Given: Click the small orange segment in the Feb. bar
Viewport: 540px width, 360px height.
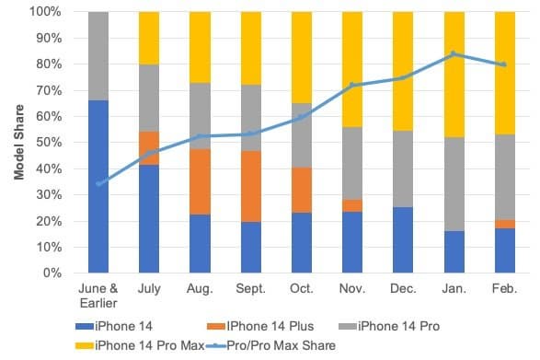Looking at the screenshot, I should point(505,224).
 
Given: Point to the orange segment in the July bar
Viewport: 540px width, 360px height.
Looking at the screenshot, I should point(150,147).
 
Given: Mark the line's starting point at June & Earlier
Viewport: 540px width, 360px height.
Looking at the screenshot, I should point(98,184).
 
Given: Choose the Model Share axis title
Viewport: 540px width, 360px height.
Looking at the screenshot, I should point(17,143).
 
